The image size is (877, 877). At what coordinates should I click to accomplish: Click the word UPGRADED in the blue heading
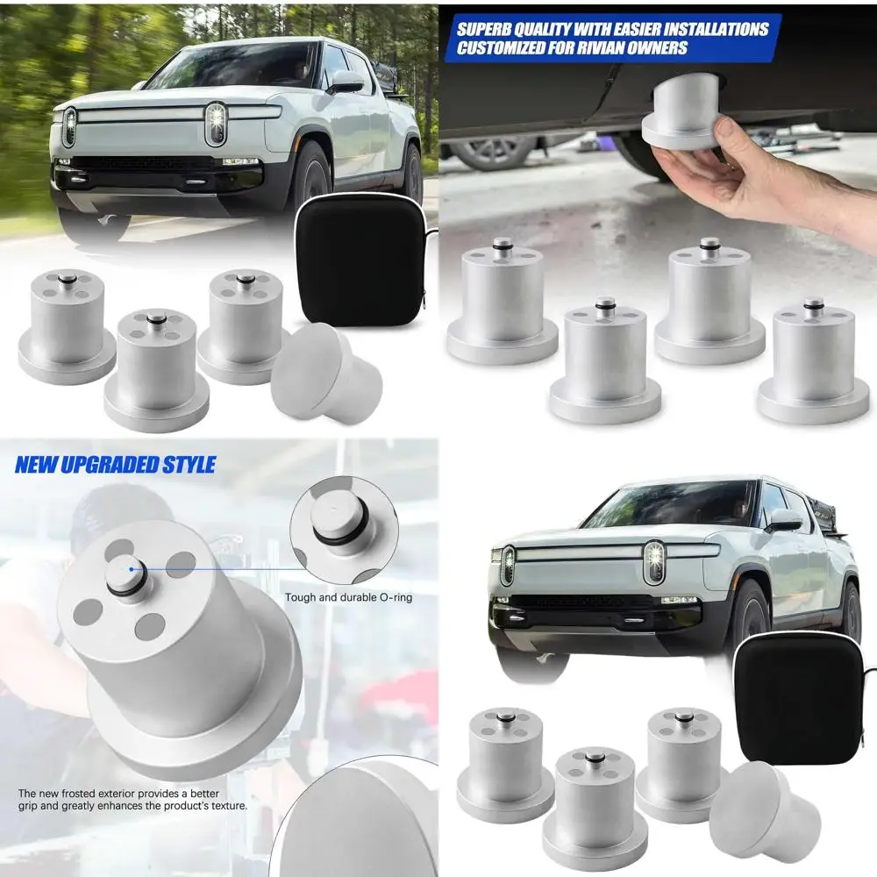click(117, 465)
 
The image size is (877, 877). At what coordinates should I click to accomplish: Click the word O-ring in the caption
click(396, 598)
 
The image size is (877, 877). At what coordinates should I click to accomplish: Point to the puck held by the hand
click(679, 117)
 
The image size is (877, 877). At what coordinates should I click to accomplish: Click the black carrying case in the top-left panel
click(359, 260)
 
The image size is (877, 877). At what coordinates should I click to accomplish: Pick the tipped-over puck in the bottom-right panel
click(765, 809)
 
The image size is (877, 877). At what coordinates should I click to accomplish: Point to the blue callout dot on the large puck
click(132, 569)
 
